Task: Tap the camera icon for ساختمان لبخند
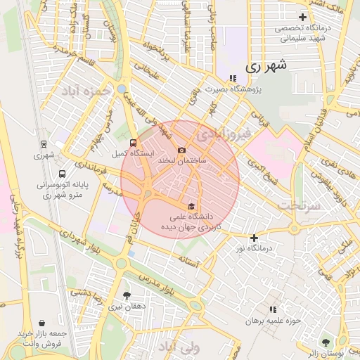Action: coord(182,150)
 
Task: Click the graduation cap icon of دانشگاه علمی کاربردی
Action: coord(191,205)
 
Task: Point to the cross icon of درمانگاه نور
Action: coord(254,238)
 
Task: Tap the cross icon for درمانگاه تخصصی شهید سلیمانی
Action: coord(303,17)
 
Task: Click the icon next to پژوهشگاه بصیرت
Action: coord(233,79)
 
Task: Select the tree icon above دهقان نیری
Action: coord(127,296)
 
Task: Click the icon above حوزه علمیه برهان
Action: coord(272,309)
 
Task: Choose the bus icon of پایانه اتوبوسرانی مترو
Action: coord(63,174)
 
